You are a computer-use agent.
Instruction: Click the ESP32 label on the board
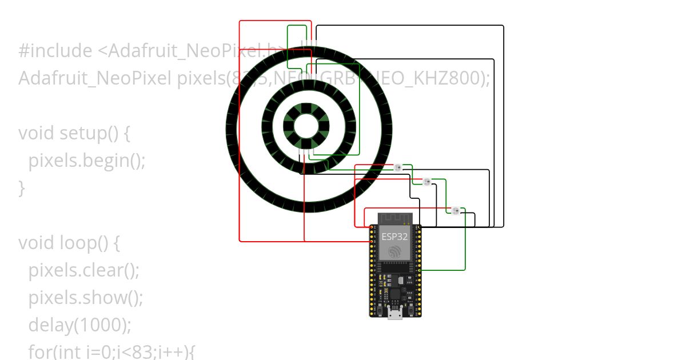tap(394, 236)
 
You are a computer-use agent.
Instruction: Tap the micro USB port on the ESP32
tap(394, 313)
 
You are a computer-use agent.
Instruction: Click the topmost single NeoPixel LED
tap(398, 167)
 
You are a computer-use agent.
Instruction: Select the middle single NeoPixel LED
tap(426, 182)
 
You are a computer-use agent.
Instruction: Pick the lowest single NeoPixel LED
tap(456, 211)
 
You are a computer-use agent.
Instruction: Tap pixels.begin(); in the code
tap(87, 161)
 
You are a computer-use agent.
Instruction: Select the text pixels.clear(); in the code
tap(84, 270)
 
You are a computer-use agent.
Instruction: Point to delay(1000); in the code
tap(80, 325)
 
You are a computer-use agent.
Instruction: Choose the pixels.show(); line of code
tap(85, 297)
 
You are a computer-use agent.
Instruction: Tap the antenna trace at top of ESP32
tap(394, 218)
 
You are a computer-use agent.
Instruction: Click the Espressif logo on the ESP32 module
tap(394, 251)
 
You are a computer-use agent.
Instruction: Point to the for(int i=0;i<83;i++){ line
tap(111, 351)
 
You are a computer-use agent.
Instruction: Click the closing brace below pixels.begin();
tap(22, 187)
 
